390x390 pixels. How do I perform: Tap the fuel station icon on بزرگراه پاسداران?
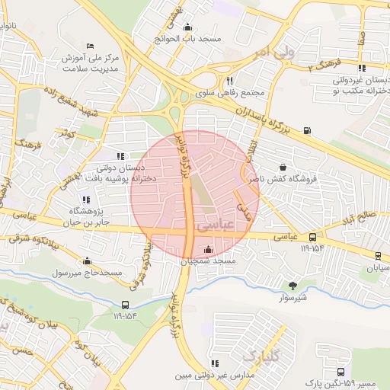click(x=306, y=129)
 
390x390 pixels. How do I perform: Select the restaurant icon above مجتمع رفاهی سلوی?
click(x=229, y=81)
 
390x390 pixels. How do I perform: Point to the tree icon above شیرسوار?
click(x=292, y=286)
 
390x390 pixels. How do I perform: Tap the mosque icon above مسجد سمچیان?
click(x=209, y=249)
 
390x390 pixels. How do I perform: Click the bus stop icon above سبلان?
click(x=379, y=256)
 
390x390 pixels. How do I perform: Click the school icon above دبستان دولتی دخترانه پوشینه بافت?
click(x=120, y=156)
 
